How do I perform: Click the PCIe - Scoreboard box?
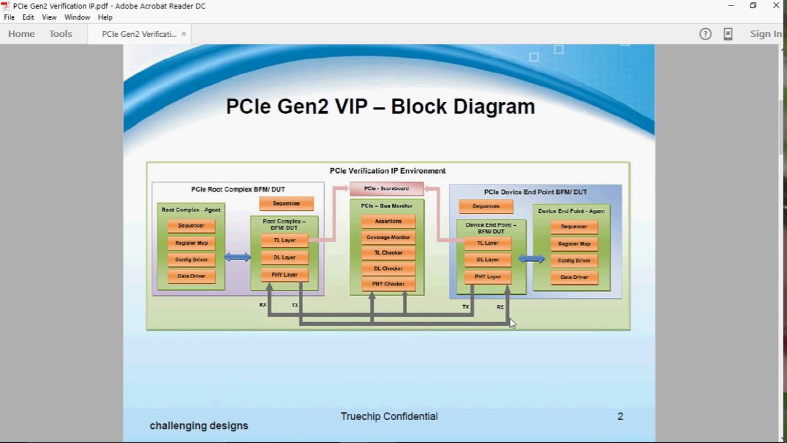(x=386, y=189)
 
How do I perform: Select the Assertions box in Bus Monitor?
(x=388, y=221)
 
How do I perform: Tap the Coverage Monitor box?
(x=388, y=237)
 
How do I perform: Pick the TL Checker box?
(x=388, y=253)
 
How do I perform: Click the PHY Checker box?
(x=388, y=284)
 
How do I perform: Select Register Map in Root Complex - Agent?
(x=191, y=243)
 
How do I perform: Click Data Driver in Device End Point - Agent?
(x=574, y=277)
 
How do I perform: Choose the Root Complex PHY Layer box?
(x=284, y=275)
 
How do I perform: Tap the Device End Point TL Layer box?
(x=488, y=243)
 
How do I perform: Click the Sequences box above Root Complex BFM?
(x=286, y=204)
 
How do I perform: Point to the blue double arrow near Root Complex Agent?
(x=237, y=257)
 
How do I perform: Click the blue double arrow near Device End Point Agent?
(x=531, y=259)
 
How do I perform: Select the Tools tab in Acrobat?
(x=61, y=34)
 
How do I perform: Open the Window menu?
(x=77, y=17)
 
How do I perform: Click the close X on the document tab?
(x=183, y=34)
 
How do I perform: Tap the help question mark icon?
(x=705, y=34)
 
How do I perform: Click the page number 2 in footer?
(x=620, y=417)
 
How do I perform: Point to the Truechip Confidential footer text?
(x=389, y=417)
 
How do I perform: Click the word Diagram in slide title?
(x=494, y=106)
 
